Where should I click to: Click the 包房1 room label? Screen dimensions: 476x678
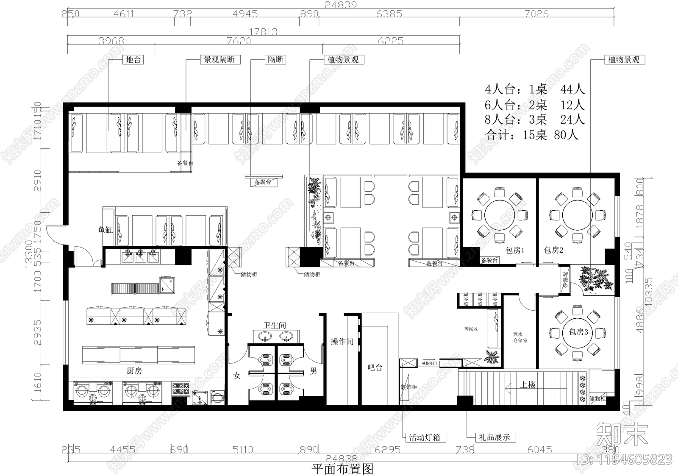(x=515, y=250)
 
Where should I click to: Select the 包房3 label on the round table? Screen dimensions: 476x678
(x=578, y=332)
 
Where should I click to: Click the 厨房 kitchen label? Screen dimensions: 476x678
(x=134, y=371)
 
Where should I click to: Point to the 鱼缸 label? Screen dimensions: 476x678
(x=106, y=230)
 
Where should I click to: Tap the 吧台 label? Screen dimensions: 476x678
(x=375, y=367)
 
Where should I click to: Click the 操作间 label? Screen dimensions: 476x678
(x=342, y=341)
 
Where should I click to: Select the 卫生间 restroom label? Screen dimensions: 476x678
(x=275, y=325)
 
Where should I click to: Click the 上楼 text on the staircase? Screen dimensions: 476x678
(x=528, y=384)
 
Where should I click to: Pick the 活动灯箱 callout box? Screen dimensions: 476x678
(x=424, y=437)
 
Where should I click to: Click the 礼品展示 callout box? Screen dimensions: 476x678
(x=494, y=437)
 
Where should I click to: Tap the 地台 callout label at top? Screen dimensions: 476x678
(x=133, y=60)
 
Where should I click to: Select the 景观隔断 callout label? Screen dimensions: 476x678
(x=220, y=60)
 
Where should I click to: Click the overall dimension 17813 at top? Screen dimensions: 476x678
(x=263, y=32)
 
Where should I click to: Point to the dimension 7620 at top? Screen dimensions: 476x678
(x=239, y=41)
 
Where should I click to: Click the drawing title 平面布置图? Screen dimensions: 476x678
(x=342, y=469)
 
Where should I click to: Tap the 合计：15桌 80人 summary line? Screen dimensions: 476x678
(x=531, y=135)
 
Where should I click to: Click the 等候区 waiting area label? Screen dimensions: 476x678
(x=471, y=328)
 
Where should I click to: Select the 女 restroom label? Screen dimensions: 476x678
(x=237, y=376)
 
